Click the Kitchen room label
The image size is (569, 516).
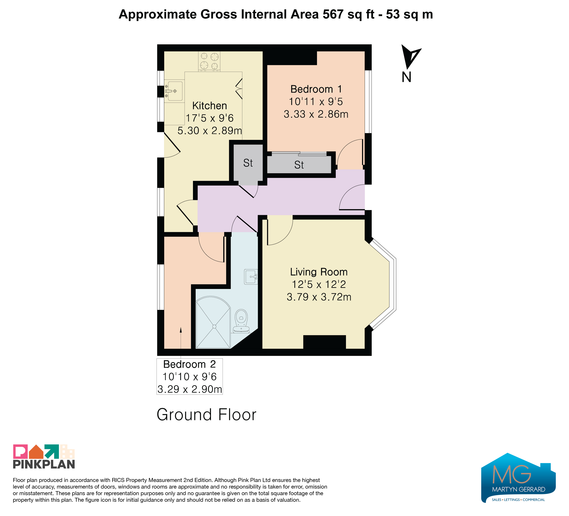pos(209,106)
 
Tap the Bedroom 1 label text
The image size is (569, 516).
pos(316,89)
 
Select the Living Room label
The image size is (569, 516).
pos(319,272)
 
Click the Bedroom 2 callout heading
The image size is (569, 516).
pos(189,364)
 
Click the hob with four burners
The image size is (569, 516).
pos(209,61)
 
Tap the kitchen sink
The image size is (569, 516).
pos(174,91)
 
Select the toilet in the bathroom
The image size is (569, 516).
pos(241,321)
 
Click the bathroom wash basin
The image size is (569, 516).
pos(251,277)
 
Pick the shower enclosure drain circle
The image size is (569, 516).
pos(214,327)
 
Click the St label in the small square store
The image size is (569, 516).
pos(248,163)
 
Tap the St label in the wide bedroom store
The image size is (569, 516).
pos(299,165)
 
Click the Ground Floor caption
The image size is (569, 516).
pos(206,415)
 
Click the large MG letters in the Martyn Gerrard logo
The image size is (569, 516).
pos(511,474)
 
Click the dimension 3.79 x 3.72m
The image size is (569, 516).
pos(319,297)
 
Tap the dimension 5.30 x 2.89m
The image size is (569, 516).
pos(210,130)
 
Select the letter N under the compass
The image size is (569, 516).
pos(406,77)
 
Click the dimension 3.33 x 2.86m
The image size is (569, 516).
pos(316,114)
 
